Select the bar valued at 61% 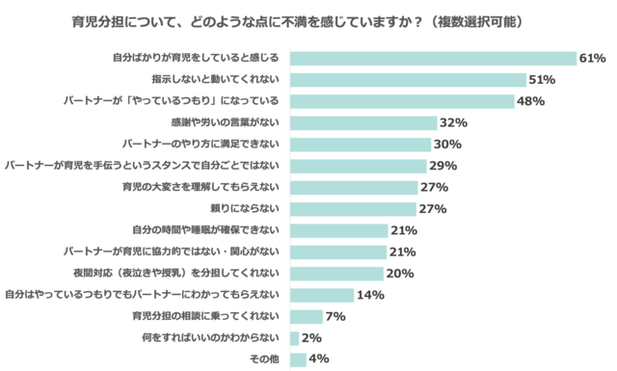(432, 59)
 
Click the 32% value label (453, 123)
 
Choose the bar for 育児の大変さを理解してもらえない (352, 187)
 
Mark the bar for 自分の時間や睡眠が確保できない (337, 230)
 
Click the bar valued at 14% (321, 295)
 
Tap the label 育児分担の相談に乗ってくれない (205, 316)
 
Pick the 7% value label (336, 316)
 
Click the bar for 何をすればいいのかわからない (294, 337)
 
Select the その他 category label (264, 359)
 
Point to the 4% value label (319, 359)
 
